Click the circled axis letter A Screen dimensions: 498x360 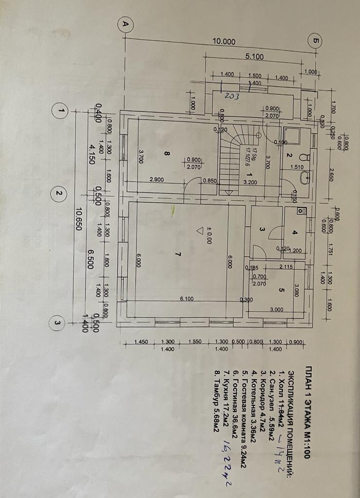coord(126,24)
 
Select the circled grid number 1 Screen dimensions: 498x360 coord(60,111)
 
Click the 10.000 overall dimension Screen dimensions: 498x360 coord(224,42)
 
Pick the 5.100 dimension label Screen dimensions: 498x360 coord(254,56)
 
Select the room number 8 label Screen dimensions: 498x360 coord(166,153)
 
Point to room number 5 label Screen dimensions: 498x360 coord(281,290)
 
